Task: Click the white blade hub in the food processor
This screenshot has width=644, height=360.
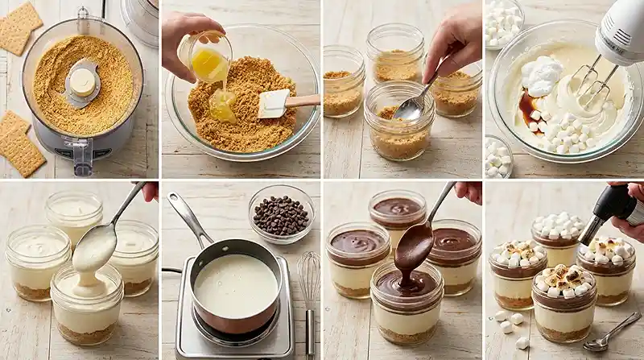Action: point(82,81)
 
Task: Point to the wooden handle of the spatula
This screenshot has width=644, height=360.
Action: point(303,101)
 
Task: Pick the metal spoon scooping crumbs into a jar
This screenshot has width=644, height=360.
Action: point(412,105)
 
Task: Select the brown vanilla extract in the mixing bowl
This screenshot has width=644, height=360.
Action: point(529,105)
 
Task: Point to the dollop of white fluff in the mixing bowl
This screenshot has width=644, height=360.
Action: point(541,75)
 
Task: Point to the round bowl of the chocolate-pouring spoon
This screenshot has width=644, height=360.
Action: point(414,245)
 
